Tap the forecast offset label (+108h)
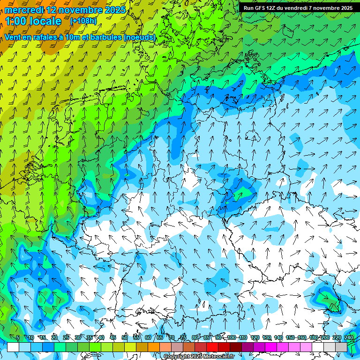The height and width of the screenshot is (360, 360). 83,21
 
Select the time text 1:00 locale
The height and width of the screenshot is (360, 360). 33,21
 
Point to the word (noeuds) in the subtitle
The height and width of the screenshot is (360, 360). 140,37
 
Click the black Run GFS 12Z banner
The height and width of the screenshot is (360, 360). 298,7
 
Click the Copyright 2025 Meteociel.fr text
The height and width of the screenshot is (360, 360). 199,356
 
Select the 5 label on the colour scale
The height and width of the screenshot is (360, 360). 18,337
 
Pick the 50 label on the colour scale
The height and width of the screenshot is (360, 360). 125,337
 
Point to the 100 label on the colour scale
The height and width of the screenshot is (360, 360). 232,337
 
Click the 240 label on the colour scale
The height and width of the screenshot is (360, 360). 348,337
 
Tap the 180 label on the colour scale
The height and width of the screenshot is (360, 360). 313,337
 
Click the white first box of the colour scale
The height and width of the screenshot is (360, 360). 13,347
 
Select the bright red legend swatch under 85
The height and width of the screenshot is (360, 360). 212,347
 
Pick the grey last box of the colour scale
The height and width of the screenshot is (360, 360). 341,347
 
